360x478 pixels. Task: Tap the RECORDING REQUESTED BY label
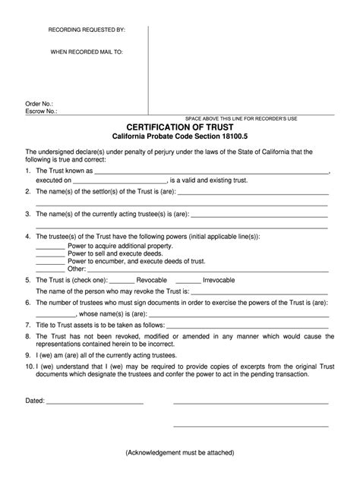point(87,30)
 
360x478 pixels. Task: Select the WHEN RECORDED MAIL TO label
point(86,52)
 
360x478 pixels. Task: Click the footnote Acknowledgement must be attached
point(180,453)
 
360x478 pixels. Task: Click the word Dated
point(35,400)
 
